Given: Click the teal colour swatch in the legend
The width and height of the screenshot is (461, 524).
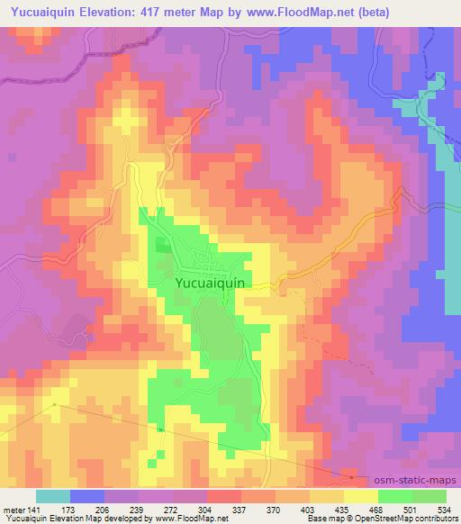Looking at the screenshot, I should click(x=53, y=496).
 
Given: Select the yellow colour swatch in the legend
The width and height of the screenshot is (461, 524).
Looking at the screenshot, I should click(x=360, y=496).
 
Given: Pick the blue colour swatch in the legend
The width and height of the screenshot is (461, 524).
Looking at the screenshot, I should click(x=87, y=496).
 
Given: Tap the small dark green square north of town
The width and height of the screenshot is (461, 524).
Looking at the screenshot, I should click(x=163, y=245).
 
